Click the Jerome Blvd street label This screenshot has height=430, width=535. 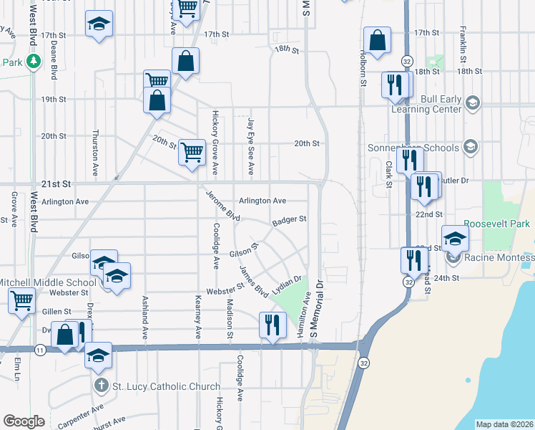pyautogui.click(x=222, y=206)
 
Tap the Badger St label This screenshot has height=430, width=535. pyautogui.click(x=289, y=220)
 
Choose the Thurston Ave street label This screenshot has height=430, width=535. pyautogui.click(x=95, y=153)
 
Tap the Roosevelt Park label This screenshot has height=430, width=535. pyautogui.click(x=496, y=224)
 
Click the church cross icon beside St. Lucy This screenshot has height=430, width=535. pyautogui.click(x=102, y=386)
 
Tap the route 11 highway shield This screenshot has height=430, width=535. pyautogui.click(x=40, y=349)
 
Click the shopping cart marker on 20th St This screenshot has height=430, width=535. pyautogui.click(x=192, y=153)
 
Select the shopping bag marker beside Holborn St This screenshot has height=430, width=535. pyautogui.click(x=376, y=40)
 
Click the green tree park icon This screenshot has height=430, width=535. pyautogui.click(x=33, y=62)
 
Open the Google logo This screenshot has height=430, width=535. pyautogui.click(x=24, y=421)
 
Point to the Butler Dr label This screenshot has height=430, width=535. pyautogui.click(x=453, y=181)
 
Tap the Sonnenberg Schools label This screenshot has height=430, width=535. pyautogui.click(x=423, y=148)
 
